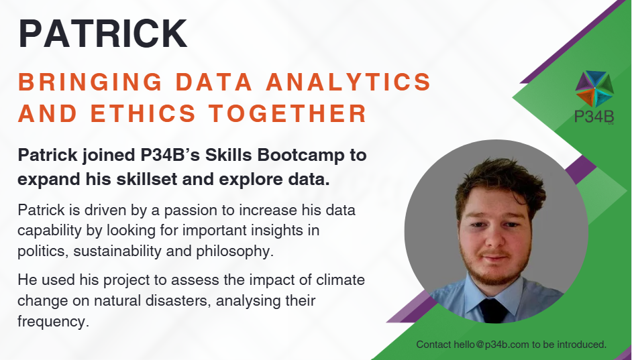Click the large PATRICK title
tap(103, 34)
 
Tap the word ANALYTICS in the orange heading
tap(349, 82)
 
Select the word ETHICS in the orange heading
tap(143, 113)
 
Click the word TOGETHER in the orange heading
tap(287, 113)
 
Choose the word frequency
tap(53, 322)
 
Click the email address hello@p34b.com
tap(491, 345)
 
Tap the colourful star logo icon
tap(594, 88)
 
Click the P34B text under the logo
tap(594, 117)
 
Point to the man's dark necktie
tap(493, 310)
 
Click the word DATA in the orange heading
tap(214, 82)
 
